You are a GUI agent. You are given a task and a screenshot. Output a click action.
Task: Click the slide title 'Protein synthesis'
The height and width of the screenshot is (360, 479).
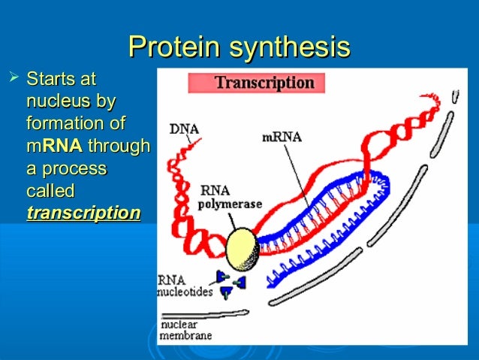[239, 47]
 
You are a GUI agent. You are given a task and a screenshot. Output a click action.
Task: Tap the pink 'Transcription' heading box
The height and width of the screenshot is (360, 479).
[255, 82]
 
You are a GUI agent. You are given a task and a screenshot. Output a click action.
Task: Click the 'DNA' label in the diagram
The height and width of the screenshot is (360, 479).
[184, 129]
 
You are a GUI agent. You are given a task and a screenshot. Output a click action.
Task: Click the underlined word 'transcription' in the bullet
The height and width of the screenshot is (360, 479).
[83, 213]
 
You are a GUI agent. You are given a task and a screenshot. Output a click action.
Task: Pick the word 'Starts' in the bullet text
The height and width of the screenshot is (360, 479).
[52, 78]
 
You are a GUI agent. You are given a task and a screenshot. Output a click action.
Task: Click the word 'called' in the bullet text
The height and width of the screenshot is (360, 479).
[50, 191]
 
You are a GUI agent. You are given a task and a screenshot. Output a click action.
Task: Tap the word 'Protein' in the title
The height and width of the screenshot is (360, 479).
[173, 47]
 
